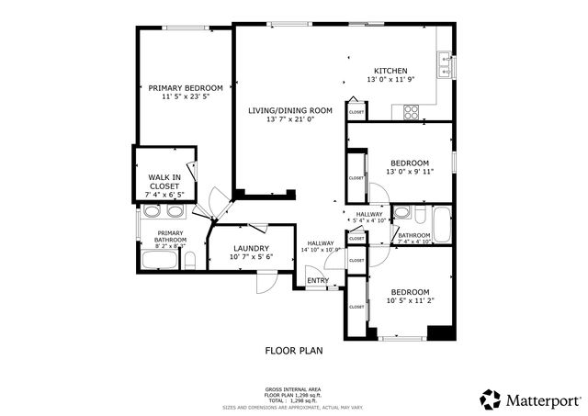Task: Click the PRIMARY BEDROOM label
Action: (185, 87)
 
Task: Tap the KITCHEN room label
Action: (390, 71)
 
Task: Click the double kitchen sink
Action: (446, 64)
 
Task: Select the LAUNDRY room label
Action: (250, 248)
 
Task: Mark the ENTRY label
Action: (318, 281)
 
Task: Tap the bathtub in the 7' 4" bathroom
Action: (441, 222)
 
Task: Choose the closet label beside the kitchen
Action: (356, 112)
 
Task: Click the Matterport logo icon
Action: (491, 399)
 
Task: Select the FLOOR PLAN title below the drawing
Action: (293, 350)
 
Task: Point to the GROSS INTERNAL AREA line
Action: (293, 389)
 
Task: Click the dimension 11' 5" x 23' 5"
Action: (185, 96)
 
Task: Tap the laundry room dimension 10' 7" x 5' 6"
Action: (250, 257)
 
